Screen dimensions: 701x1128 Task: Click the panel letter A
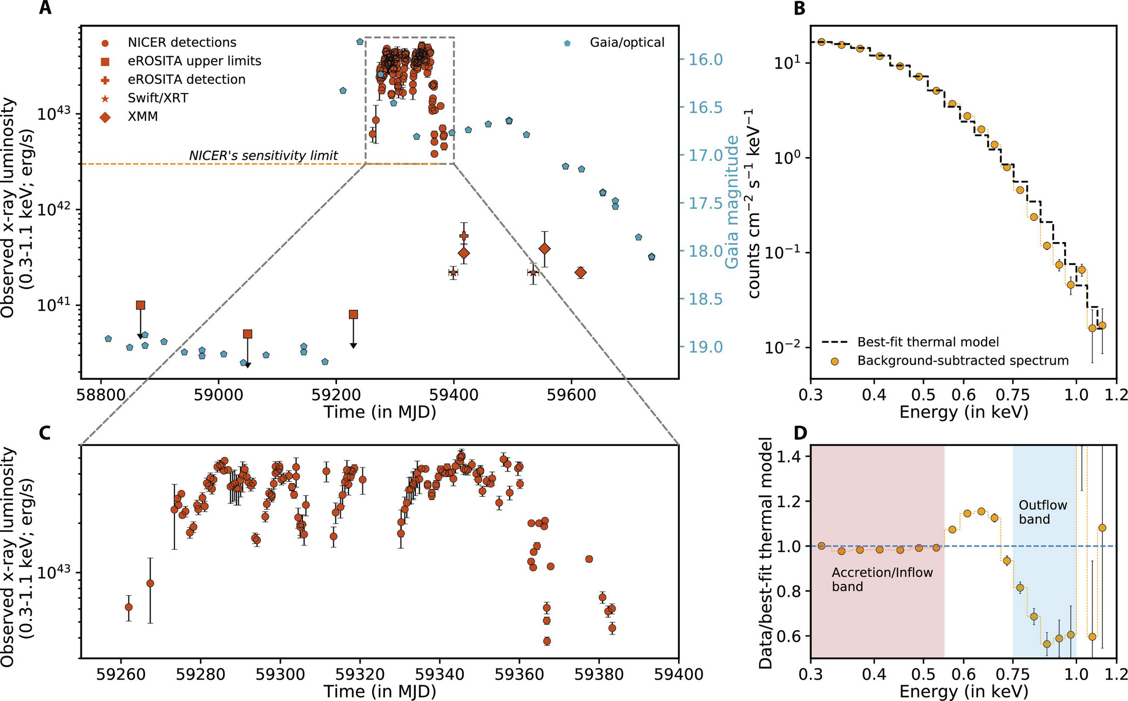45,9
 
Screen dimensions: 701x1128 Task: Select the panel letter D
801,433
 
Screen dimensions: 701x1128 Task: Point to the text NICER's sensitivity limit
263,156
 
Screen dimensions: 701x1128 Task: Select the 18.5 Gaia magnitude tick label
705,299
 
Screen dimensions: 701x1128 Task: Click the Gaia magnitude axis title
732,202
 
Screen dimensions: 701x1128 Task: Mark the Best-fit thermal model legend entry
928,342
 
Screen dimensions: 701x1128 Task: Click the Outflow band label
1043,512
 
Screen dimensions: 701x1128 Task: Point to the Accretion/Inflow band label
882,579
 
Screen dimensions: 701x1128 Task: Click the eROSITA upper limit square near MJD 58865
140,305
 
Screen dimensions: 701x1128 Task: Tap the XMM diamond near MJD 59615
580,273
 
